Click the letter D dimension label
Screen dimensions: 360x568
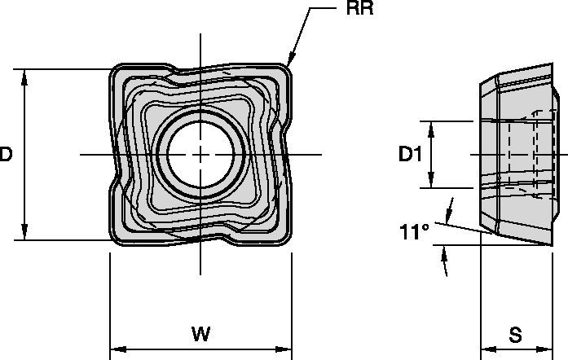(7, 154)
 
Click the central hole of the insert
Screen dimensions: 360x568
(200, 152)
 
